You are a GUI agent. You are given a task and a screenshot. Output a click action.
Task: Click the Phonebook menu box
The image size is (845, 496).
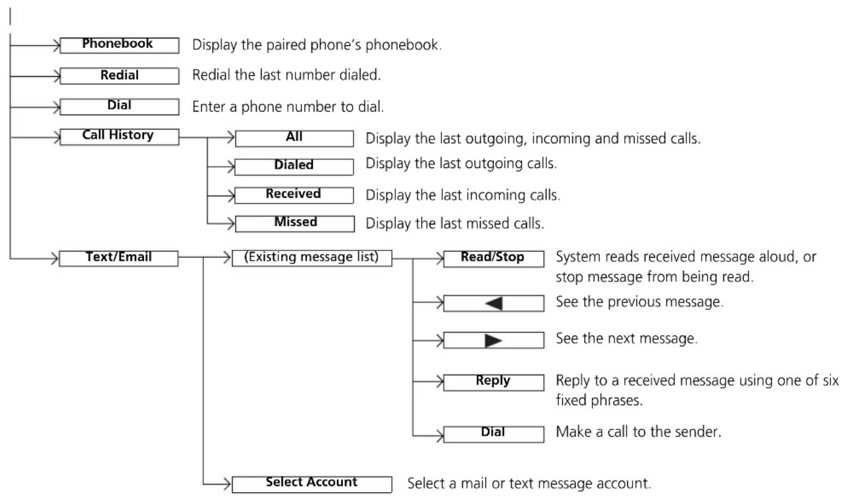coord(119,45)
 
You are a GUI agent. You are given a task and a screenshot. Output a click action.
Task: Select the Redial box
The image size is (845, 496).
coord(119,76)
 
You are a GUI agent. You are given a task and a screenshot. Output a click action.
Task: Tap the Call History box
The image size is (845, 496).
coord(119,137)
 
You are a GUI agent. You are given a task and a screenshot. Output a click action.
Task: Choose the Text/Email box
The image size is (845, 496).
coord(118,258)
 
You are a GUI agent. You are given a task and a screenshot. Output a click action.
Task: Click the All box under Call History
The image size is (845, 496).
coord(294,138)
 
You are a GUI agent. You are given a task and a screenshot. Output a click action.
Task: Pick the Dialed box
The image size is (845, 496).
coord(294,167)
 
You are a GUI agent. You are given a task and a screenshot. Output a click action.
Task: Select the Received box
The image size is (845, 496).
coord(294,195)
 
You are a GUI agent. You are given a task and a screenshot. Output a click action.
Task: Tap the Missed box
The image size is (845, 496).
coord(295,224)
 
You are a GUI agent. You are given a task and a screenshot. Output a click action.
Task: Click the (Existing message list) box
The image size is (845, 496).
coord(312,258)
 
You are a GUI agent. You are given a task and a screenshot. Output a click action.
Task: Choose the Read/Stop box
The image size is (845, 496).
coord(493,259)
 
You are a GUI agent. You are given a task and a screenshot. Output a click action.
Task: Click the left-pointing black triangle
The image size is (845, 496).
coord(494,304)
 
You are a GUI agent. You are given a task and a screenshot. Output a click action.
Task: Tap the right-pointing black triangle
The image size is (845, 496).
coord(493,341)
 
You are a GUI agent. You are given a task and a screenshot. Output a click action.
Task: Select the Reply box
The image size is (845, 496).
coord(493,383)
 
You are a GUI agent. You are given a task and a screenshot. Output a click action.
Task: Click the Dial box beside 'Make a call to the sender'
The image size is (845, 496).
coord(493,434)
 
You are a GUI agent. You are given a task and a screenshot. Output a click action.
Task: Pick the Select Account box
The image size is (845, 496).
coord(312,484)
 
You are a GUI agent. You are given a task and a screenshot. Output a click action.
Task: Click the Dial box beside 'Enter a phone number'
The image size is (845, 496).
coord(119,107)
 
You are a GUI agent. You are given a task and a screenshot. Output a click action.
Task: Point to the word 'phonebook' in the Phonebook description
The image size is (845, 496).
coord(402,45)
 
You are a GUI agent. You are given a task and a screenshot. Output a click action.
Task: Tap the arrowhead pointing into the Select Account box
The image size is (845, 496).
coord(226,484)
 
